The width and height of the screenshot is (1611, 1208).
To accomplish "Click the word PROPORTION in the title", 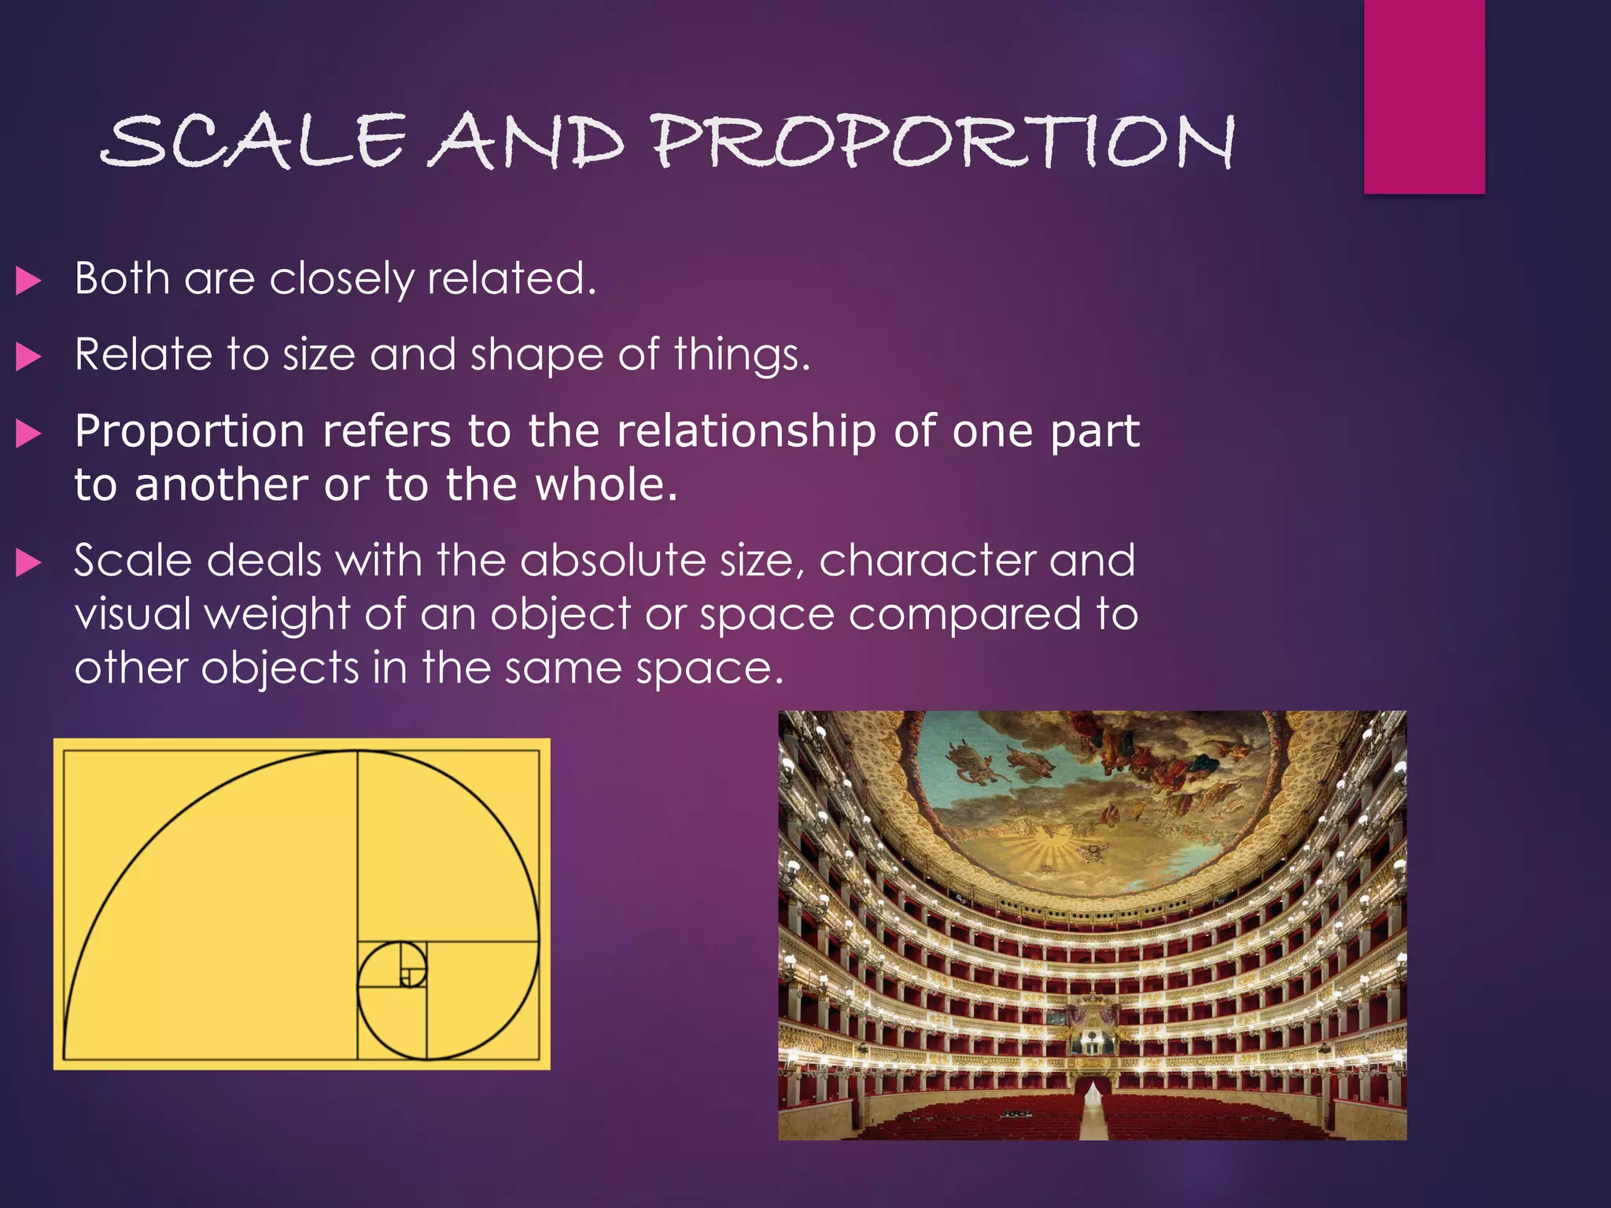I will (x=944, y=142).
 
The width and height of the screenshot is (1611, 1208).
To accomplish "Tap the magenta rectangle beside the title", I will (x=1424, y=96).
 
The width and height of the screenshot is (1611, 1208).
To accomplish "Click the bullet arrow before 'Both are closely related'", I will (x=28, y=281).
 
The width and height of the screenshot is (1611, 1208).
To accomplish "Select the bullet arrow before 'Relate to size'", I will (x=28, y=356).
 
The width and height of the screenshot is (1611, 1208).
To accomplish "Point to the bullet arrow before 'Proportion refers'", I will (x=28, y=433).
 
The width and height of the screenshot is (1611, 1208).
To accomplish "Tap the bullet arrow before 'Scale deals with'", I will (x=28, y=562).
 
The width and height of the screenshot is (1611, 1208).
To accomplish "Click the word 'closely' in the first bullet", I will (x=341, y=279).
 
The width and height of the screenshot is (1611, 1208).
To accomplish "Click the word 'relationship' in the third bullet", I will (x=746, y=431).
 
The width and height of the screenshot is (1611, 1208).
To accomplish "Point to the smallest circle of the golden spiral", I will (x=393, y=976).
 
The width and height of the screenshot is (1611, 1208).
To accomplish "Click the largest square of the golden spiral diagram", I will (x=211, y=904).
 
